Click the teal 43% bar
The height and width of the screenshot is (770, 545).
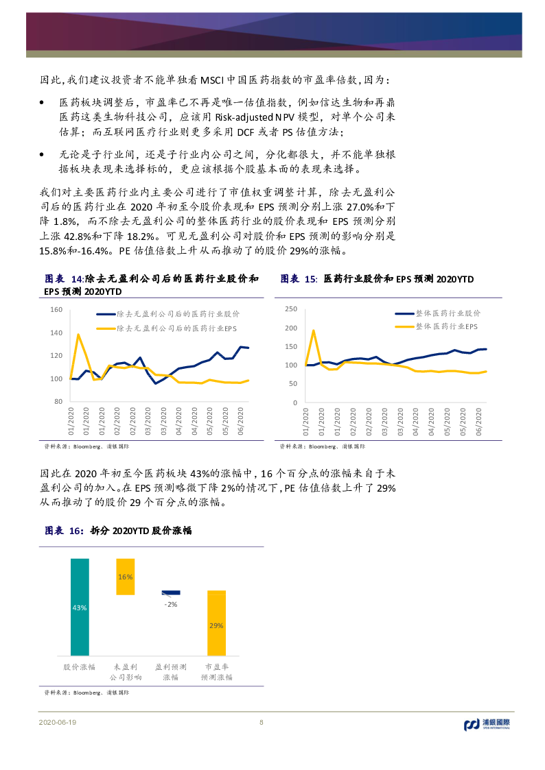(x=80, y=607)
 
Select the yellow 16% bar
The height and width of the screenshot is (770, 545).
(x=125, y=576)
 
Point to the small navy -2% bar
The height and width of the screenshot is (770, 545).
(x=170, y=592)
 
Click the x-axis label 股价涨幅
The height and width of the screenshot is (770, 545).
(x=80, y=666)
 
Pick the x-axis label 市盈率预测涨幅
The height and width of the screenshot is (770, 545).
(x=216, y=671)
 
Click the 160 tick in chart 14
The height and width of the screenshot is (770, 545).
(x=56, y=310)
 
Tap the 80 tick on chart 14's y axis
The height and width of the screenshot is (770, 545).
(x=58, y=401)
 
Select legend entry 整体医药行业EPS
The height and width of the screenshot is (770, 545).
(x=447, y=327)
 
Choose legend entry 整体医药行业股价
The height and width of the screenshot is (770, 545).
(x=448, y=313)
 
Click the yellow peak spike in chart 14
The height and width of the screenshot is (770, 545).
(x=78, y=335)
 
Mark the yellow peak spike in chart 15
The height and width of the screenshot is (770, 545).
(x=314, y=330)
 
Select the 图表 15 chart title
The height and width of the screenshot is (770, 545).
(x=377, y=279)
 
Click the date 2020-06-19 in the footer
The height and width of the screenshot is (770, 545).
(x=57, y=723)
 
